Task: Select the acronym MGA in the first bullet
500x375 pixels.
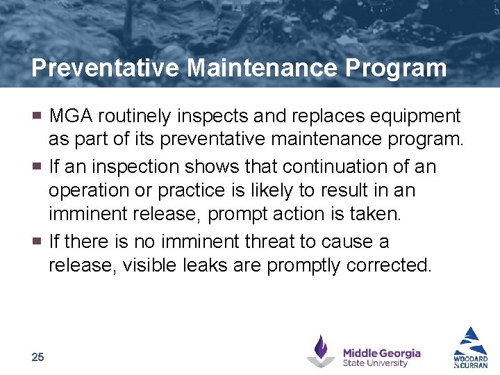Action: tap(71, 115)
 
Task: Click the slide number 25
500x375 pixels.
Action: tap(37, 357)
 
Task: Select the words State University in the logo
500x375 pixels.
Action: tap(375, 362)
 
